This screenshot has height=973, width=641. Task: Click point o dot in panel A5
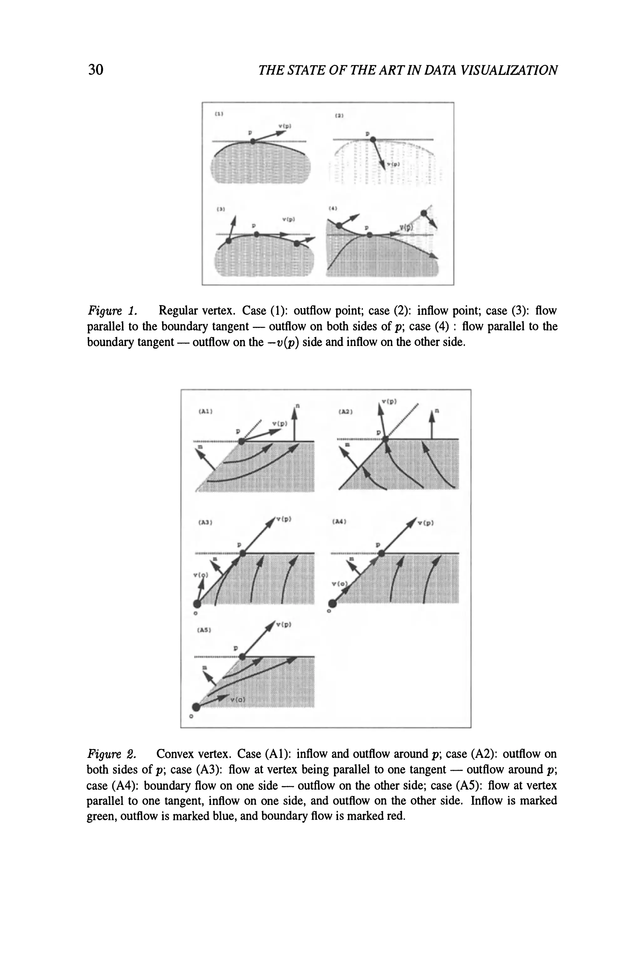[x=196, y=707]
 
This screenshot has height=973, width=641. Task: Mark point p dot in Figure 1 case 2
[x=372, y=139]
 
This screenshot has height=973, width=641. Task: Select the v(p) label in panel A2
[x=389, y=402]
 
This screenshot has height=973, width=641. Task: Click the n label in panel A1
[x=298, y=406]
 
